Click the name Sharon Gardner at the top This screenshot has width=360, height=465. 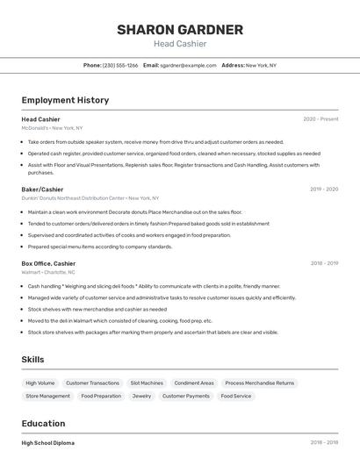pyautogui.click(x=180, y=30)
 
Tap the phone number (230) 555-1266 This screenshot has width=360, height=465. pyautogui.click(x=120, y=65)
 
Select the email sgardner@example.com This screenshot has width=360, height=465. pyautogui.click(x=187, y=65)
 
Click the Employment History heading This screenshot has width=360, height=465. pyautogui.click(x=65, y=100)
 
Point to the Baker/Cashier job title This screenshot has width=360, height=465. pyautogui.click(x=42, y=189)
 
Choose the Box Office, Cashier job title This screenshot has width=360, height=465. pyautogui.click(x=48, y=263)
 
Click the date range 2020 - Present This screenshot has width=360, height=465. pyautogui.click(x=320, y=119)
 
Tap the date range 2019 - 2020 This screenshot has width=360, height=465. pyautogui.click(x=324, y=189)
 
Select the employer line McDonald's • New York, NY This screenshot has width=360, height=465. pyautogui.click(x=52, y=128)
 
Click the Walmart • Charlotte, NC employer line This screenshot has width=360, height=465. pyautogui.click(x=48, y=272)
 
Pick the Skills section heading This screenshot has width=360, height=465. pyautogui.click(x=33, y=360)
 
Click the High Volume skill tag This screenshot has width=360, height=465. pyautogui.click(x=40, y=383)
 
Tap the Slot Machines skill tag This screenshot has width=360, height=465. pyautogui.click(x=147, y=383)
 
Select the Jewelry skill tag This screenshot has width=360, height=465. pyautogui.click(x=141, y=397)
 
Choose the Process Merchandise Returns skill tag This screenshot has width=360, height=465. pyautogui.click(x=259, y=383)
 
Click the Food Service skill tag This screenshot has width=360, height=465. pyautogui.click(x=236, y=397)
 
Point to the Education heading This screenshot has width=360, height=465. pyautogui.click(x=43, y=423)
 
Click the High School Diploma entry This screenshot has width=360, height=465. pyautogui.click(x=48, y=443)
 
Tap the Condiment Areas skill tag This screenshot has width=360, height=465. pyautogui.click(x=194, y=383)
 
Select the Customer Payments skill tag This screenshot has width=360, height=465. pyautogui.click(x=186, y=397)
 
